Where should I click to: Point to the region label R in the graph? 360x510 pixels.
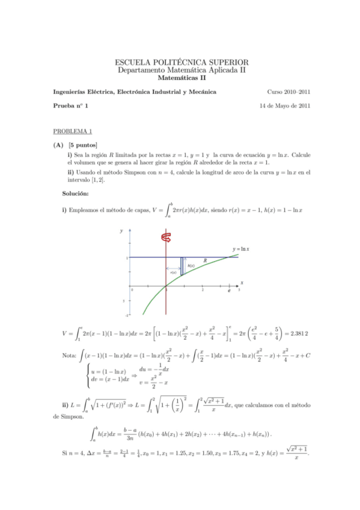tap(204, 261)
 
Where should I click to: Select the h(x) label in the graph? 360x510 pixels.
tap(191, 265)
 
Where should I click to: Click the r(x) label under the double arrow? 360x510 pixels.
tap(173, 272)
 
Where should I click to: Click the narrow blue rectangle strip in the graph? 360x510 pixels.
tap(182, 266)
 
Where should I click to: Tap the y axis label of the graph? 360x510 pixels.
tap(121, 231)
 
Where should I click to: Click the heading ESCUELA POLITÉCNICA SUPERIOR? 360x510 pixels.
tap(181, 62)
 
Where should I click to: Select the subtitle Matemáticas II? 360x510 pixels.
tap(181, 78)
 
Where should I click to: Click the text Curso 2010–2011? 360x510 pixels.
tap(288, 92)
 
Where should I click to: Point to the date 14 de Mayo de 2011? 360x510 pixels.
tap(284, 106)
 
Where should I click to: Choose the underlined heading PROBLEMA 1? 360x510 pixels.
tap(72, 131)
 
